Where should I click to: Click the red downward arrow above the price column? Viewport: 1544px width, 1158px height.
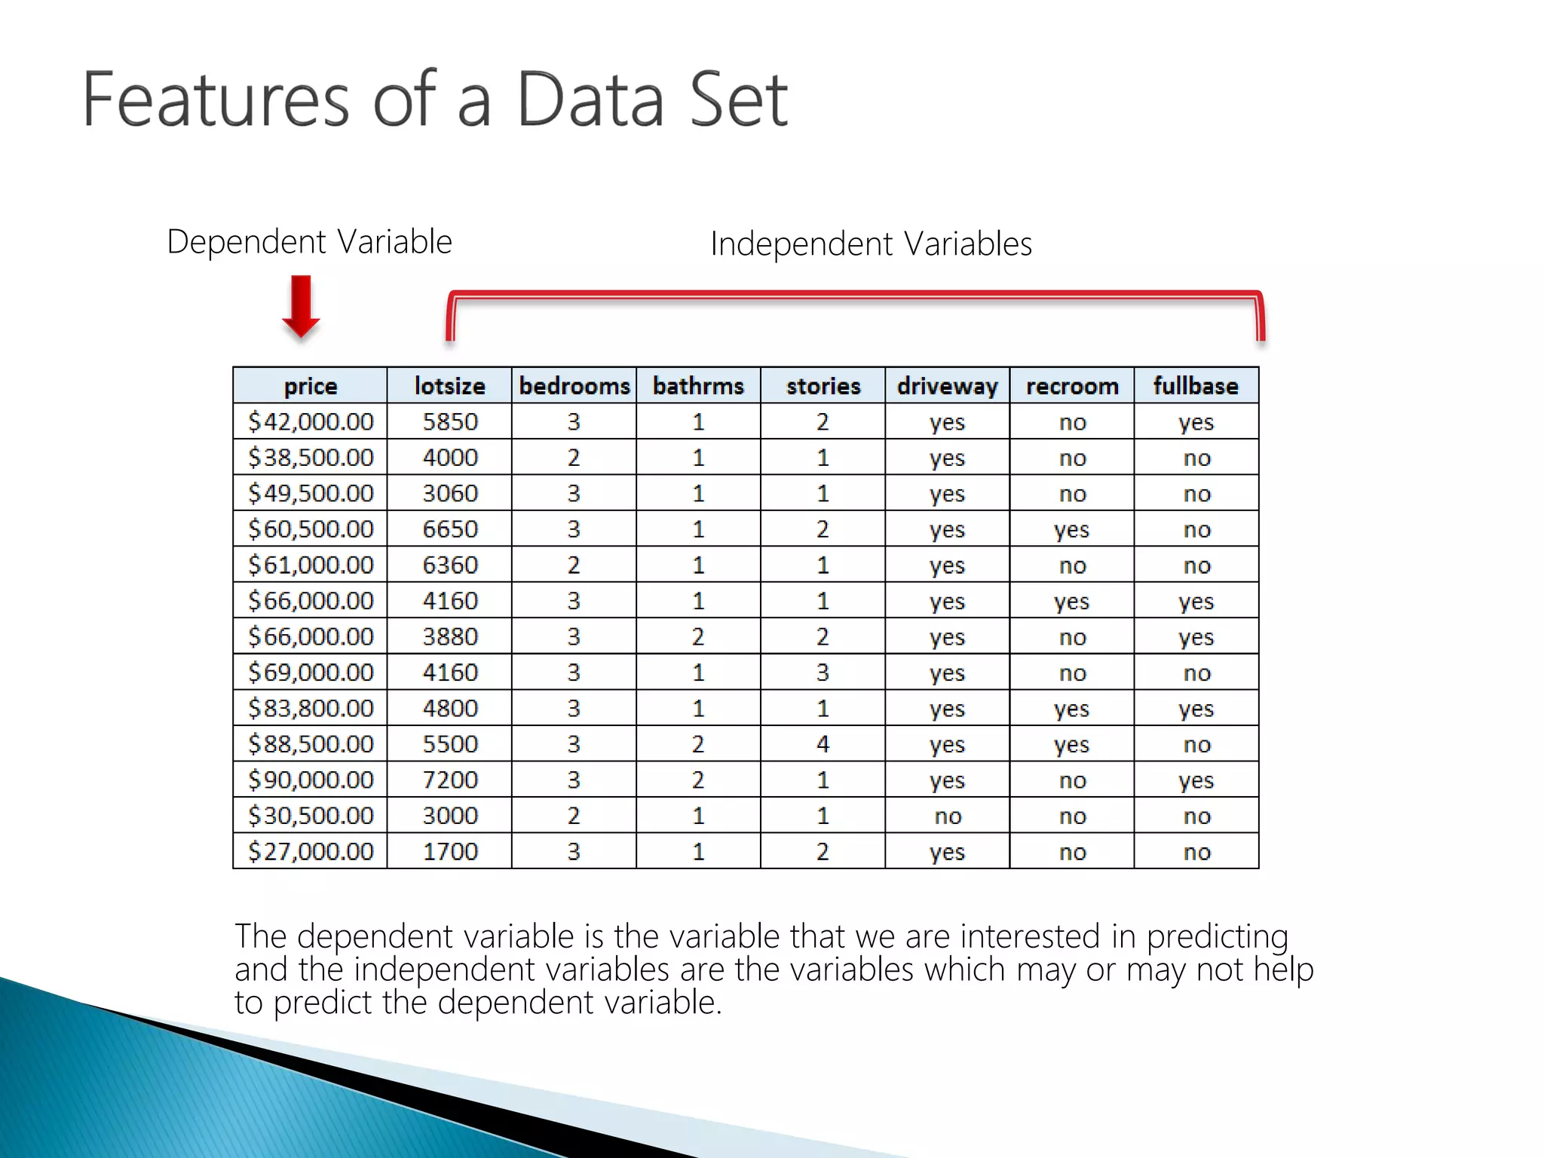301,306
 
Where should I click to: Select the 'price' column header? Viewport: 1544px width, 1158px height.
310,386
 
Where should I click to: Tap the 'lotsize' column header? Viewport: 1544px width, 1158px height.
449,386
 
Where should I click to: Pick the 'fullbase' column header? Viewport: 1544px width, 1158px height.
1196,386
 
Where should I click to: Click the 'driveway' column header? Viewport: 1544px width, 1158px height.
947,386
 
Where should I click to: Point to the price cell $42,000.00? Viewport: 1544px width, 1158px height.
311,421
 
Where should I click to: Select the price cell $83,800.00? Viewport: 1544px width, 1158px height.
311,708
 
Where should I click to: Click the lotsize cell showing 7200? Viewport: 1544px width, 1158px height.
450,780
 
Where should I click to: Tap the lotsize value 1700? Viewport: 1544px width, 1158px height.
450,851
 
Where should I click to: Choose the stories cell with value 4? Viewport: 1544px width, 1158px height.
823,744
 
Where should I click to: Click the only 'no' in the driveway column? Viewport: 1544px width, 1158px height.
948,816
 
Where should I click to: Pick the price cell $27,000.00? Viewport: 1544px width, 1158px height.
311,851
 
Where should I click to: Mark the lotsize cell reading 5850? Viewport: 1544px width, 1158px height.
450,421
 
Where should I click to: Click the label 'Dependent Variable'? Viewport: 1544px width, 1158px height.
309,242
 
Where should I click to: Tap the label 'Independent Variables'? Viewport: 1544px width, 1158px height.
871,244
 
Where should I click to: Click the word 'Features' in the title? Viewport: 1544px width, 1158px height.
215,100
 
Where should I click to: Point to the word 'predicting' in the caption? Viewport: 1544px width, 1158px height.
1217,937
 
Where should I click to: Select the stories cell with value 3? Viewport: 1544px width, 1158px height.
823,672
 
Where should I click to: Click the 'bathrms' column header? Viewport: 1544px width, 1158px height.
698,386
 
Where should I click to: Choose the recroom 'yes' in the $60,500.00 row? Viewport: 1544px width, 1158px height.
1071,530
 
